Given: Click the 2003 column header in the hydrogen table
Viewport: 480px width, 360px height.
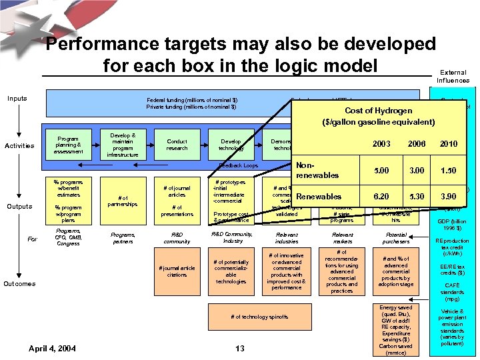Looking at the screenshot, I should coord(382,144).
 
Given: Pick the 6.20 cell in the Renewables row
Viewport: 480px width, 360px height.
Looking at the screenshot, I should coord(382,197).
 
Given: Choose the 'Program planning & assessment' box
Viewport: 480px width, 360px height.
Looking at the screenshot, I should coord(69,146).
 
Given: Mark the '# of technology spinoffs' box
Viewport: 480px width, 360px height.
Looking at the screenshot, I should coord(259,317).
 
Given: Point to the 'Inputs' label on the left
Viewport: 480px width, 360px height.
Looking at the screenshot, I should coord(17,99).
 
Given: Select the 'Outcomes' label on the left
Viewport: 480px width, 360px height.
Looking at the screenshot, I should coord(19,283).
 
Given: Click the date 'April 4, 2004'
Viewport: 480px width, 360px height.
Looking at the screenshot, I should coord(53,348).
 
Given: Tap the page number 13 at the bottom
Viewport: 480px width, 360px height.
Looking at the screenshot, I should coord(240,348).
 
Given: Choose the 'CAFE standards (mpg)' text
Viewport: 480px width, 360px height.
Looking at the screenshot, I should coord(453,291).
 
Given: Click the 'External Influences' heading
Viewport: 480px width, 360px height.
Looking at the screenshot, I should coord(453,77).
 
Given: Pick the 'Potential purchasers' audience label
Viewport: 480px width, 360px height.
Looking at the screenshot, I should coord(395,238).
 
